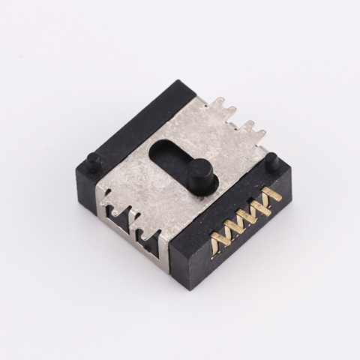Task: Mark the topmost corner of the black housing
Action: click(181, 82)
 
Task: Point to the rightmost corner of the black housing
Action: click(289, 171)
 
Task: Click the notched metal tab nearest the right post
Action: click(259, 135)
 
